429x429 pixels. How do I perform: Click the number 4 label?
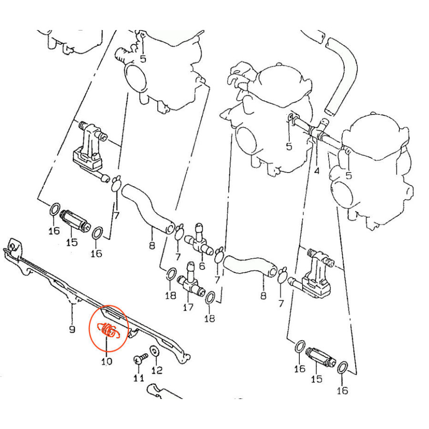[317, 171]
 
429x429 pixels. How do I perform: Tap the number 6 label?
[202, 266]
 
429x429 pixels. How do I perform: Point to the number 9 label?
[72, 329]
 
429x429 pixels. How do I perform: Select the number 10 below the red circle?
[107, 361]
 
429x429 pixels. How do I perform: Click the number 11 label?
[139, 378]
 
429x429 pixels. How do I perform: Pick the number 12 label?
[157, 370]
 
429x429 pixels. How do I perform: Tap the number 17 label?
[188, 307]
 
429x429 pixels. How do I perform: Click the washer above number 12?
[155, 351]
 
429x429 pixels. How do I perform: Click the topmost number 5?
[143, 59]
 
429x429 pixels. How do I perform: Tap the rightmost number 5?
[348, 175]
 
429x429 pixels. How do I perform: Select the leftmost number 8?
[152, 245]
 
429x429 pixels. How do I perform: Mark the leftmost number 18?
[171, 295]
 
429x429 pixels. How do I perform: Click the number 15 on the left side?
[72, 242]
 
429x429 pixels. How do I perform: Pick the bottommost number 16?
[343, 390]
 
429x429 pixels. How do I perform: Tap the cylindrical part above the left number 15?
[75, 221]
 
